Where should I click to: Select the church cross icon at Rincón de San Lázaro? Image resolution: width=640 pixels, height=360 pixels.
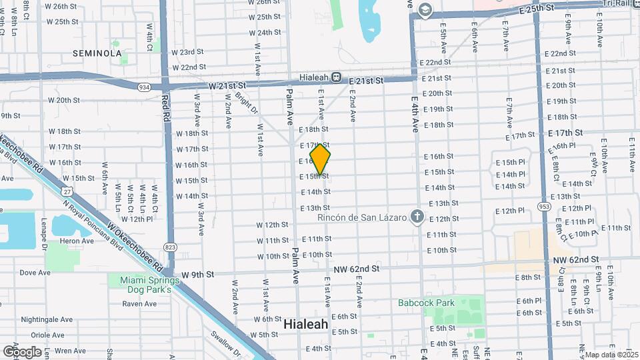[417, 216]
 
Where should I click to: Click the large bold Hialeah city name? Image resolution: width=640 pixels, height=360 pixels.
[306, 324]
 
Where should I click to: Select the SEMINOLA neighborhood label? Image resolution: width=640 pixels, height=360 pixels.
[97, 53]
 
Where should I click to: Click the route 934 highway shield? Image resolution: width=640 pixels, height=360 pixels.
[144, 87]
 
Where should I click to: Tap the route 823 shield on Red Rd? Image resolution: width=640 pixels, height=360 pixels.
[170, 247]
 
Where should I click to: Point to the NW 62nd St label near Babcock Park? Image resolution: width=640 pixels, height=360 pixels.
[357, 269]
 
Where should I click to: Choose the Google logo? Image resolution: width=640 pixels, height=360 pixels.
[21, 351]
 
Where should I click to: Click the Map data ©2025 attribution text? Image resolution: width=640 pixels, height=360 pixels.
[610, 355]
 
